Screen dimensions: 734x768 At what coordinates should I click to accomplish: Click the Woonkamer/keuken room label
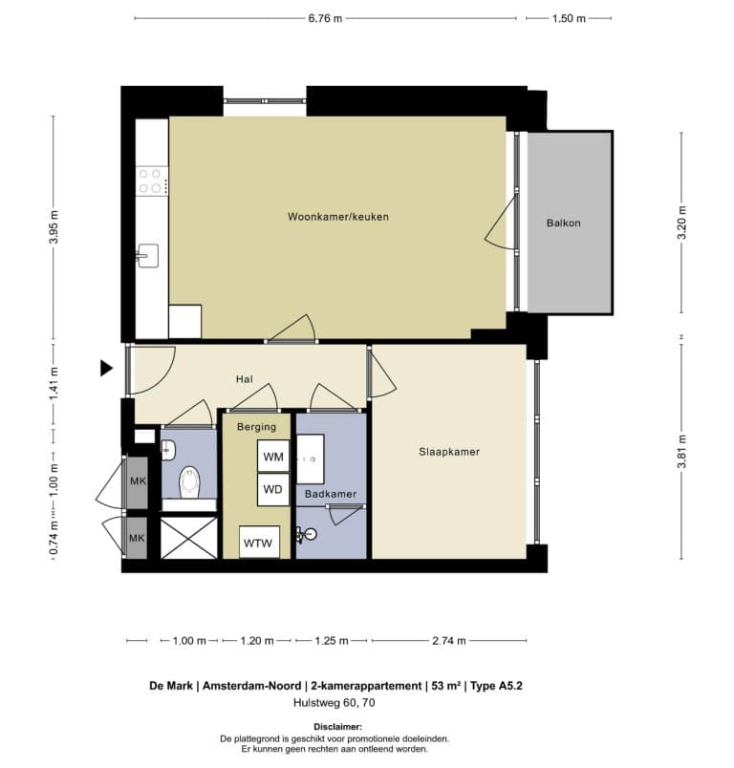click(338, 217)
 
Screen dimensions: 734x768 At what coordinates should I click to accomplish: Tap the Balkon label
click(564, 223)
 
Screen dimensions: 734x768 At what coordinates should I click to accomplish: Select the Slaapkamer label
click(449, 452)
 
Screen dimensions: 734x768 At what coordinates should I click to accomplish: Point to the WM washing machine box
click(273, 457)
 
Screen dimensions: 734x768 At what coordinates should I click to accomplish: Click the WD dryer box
click(273, 489)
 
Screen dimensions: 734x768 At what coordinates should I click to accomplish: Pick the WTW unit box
click(259, 542)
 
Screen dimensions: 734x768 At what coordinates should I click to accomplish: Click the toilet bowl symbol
click(190, 482)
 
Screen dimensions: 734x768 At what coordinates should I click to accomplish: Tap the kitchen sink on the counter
click(147, 256)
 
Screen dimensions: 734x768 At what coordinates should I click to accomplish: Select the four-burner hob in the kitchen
click(151, 181)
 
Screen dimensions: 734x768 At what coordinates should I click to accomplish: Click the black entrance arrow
click(106, 368)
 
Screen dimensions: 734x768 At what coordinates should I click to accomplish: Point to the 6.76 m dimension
click(325, 18)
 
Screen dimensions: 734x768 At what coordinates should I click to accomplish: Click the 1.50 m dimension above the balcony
click(569, 18)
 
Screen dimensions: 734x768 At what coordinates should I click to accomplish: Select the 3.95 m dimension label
click(54, 226)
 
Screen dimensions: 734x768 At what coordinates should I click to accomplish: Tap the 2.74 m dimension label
click(449, 641)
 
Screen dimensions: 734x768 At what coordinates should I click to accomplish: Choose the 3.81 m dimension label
click(681, 451)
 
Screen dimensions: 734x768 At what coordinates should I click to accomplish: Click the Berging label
click(256, 427)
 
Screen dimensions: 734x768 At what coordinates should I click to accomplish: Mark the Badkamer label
click(331, 494)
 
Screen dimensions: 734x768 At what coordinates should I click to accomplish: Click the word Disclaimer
click(338, 727)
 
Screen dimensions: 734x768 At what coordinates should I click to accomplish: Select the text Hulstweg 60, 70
click(335, 703)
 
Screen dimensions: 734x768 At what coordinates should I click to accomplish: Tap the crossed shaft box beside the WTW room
click(189, 538)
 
